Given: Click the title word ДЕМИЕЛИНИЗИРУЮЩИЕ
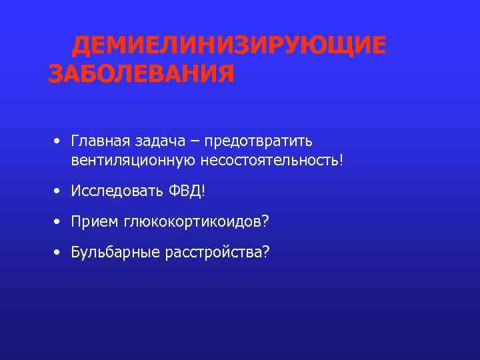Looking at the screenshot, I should click(229, 46).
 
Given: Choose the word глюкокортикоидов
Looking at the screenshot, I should click(193, 222).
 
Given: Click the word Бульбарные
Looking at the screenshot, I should click(112, 252).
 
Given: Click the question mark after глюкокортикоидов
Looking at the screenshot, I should click(266, 221).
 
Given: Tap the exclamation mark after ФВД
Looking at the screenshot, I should click(203, 191).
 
